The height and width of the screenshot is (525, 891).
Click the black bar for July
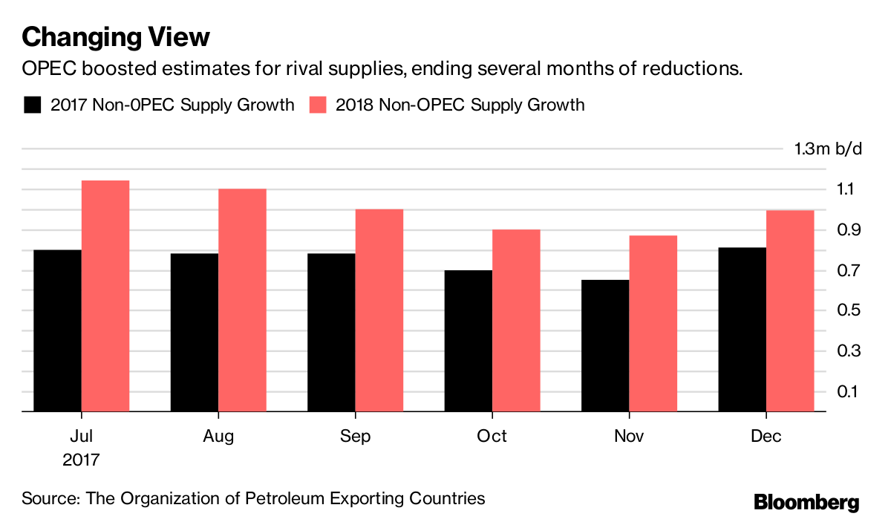click(x=57, y=330)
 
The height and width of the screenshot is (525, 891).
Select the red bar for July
click(x=105, y=296)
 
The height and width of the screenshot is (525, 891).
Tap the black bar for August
click(x=195, y=332)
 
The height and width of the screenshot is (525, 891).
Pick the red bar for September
click(x=379, y=310)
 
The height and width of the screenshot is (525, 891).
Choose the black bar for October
click(x=469, y=340)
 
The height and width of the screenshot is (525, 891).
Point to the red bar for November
click(x=653, y=323)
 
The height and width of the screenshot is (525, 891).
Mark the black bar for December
click(x=742, y=329)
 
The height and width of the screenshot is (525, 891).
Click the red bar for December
click(x=790, y=310)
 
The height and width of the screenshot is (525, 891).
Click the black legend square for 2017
click(x=32, y=105)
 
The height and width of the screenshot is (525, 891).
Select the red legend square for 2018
click(x=318, y=105)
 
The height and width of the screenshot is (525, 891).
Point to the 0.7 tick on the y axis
click(x=839, y=270)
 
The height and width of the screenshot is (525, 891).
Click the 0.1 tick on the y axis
click(x=839, y=391)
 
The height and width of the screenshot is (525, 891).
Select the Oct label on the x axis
click(x=492, y=436)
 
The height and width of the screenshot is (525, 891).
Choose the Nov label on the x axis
click(x=629, y=436)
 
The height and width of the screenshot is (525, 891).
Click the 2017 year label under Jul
click(x=81, y=460)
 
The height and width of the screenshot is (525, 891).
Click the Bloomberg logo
click(x=806, y=502)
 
